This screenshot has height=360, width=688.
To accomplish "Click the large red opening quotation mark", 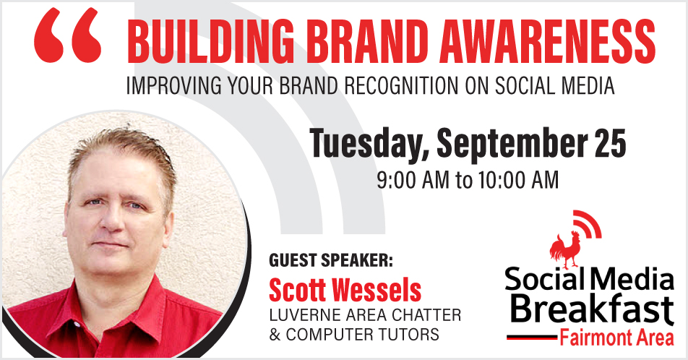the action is click(68, 36).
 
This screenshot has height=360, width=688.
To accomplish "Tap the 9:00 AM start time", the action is click(413, 180).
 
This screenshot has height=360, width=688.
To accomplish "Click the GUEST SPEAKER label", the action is click(331, 260).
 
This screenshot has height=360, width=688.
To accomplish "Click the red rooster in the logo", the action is click(566, 250).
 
